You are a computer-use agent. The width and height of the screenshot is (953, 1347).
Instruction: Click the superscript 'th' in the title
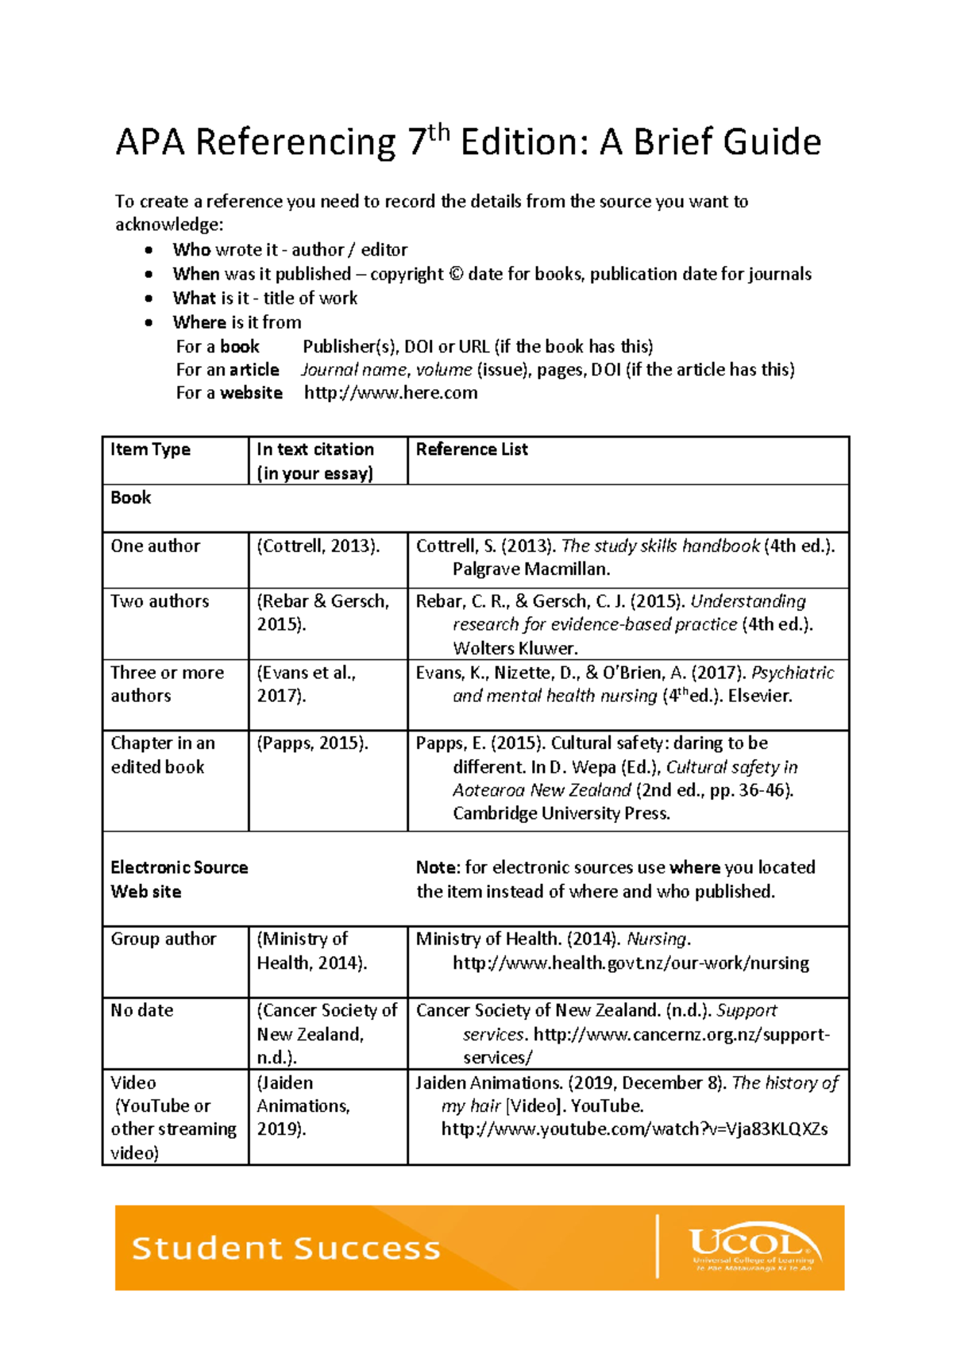click(439, 133)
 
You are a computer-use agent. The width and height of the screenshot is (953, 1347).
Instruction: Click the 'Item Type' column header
click(150, 450)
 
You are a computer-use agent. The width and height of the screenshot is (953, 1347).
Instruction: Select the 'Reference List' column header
click(472, 450)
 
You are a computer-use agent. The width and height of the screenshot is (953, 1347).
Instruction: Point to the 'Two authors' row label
click(160, 601)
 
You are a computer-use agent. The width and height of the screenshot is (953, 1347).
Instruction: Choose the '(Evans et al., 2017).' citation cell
click(307, 684)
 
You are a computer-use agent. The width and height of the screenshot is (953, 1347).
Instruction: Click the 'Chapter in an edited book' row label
click(163, 755)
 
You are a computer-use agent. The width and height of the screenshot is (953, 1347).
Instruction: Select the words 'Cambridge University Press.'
click(561, 813)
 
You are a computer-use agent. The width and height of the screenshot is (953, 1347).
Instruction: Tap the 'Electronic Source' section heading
click(179, 867)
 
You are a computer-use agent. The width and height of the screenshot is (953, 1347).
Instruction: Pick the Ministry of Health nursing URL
click(631, 963)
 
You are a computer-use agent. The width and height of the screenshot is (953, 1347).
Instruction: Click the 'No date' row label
click(142, 1010)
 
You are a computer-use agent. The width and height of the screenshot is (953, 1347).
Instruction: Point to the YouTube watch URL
click(635, 1129)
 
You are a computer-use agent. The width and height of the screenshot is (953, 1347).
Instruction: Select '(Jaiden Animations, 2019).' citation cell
click(303, 1106)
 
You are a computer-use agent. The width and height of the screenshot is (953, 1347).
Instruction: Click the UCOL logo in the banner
click(753, 1248)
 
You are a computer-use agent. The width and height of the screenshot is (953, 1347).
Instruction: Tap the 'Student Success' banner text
click(286, 1249)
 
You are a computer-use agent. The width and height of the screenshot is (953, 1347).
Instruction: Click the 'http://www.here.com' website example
click(391, 393)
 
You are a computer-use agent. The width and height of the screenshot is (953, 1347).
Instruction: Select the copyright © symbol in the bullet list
click(456, 274)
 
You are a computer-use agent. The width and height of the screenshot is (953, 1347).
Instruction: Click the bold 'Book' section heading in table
click(131, 498)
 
